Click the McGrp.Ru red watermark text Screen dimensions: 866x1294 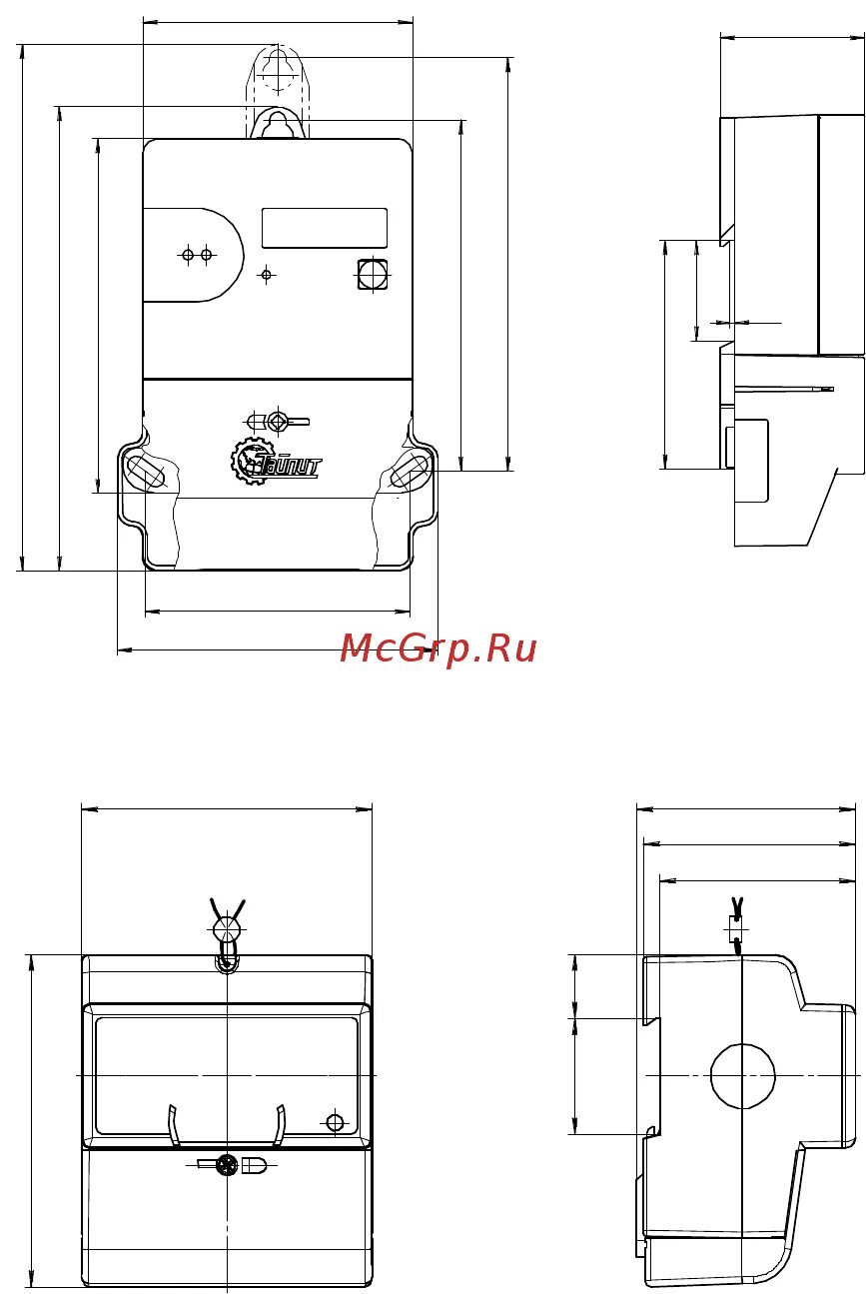click(x=437, y=648)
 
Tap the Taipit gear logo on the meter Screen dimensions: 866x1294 click(x=274, y=462)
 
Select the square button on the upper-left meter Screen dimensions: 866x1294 click(x=373, y=273)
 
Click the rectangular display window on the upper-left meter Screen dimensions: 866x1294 click(x=324, y=228)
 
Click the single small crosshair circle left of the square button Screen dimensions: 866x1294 click(x=267, y=274)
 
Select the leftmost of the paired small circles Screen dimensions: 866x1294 click(x=188, y=255)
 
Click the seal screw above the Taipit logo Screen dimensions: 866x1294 click(x=279, y=421)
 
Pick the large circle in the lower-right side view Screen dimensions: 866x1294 click(x=742, y=1075)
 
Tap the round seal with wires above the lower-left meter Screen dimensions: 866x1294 click(x=228, y=929)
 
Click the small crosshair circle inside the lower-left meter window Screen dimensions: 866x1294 click(x=335, y=1122)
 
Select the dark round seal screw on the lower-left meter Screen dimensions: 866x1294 click(x=227, y=1165)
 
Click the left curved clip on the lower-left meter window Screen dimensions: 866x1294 click(x=174, y=1125)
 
